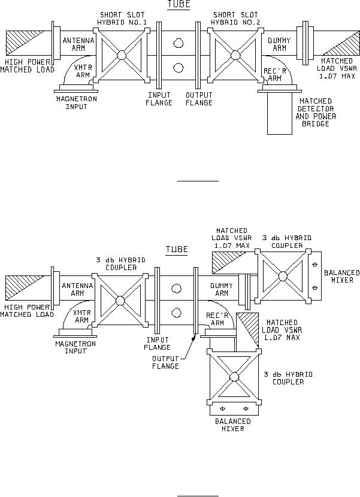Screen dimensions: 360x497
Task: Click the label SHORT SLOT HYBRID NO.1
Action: click(122, 19)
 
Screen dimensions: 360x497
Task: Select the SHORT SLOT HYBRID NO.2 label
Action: click(235, 19)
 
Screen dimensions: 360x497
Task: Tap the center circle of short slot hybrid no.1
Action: click(122, 55)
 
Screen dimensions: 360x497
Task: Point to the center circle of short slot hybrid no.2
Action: click(235, 55)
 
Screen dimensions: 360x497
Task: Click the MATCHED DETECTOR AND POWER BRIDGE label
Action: click(316, 113)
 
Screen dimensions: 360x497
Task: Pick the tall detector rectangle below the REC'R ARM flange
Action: click(280, 114)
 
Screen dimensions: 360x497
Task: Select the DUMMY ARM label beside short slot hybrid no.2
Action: click(279, 44)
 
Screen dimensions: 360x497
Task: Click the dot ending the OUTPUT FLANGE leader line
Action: click(193, 339)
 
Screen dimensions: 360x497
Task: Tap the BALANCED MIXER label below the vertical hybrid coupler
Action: click(233, 425)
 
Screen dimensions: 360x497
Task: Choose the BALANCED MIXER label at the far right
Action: click(342, 277)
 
